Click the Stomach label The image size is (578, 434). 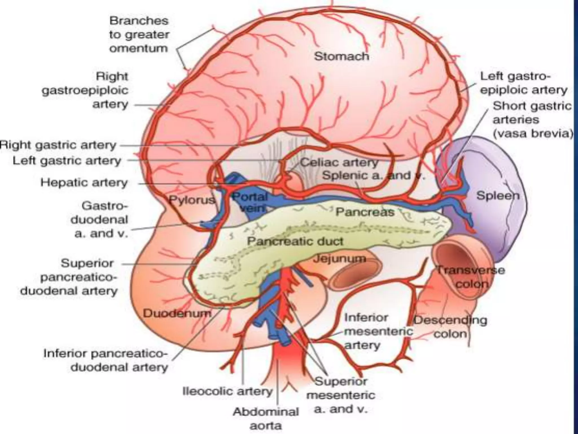[341, 56]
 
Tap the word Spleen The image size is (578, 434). [498, 196]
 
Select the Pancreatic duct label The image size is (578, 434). [295, 241]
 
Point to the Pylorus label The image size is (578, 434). [192, 200]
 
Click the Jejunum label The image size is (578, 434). [340, 258]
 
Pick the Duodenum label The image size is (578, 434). [177, 313]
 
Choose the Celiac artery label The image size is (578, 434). [339, 162]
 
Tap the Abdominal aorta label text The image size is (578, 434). [266, 418]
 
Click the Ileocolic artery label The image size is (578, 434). [227, 391]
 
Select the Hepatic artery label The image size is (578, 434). [84, 183]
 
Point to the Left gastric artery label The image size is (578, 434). [67, 161]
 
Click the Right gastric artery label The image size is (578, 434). [58, 145]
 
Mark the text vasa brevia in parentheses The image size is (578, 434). [533, 133]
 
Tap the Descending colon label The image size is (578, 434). [450, 327]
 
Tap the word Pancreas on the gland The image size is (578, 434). [365, 212]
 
